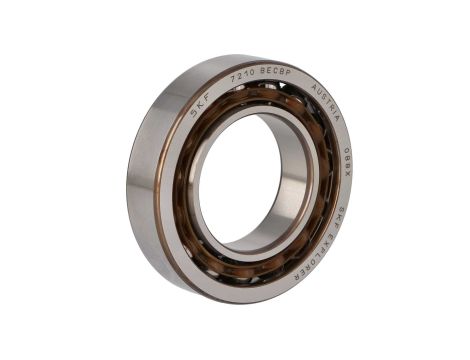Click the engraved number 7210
click(x=242, y=77)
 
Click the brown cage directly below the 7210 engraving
click(x=245, y=97)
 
